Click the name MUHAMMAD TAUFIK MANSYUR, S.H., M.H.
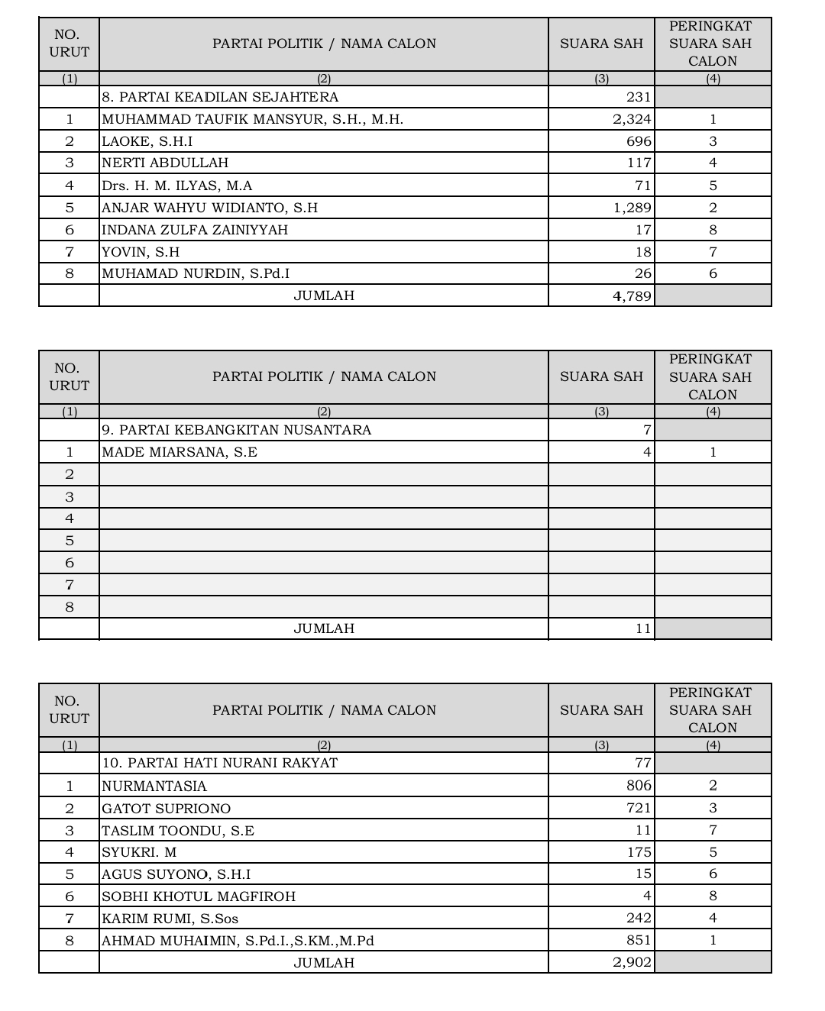click(x=252, y=119)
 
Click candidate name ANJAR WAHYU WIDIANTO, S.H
click(x=209, y=208)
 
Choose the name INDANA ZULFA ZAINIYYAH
click(x=195, y=230)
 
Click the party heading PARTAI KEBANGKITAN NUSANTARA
click(x=237, y=430)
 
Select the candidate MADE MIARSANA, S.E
click(x=180, y=452)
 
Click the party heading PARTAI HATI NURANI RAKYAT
click(x=220, y=763)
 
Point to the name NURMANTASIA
click(x=154, y=786)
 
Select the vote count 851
click(x=639, y=940)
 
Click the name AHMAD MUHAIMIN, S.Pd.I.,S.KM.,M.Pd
click(x=238, y=941)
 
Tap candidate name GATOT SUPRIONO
click(x=166, y=809)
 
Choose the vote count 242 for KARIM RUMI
click(x=639, y=918)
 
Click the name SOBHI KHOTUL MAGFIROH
click(x=199, y=896)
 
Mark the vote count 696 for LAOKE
click(x=639, y=141)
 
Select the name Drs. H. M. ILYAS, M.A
click(x=176, y=186)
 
